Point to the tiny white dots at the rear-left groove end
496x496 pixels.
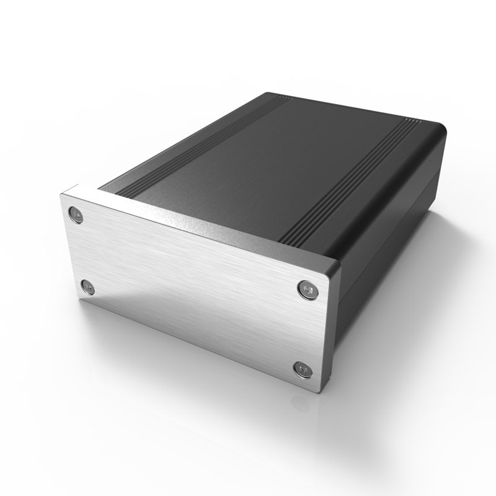pyautogui.click(x=284, y=99)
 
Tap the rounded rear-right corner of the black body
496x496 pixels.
pyautogui.click(x=441, y=130)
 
